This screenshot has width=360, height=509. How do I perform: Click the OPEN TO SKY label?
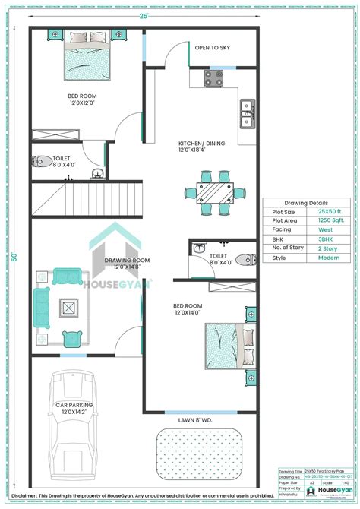point(212,48)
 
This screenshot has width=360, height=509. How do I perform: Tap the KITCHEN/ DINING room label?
point(201,147)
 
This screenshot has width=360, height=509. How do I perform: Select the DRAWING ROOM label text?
point(127,264)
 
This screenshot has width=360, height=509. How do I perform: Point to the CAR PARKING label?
point(74,409)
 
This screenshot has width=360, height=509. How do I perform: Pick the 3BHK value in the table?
point(324,239)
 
